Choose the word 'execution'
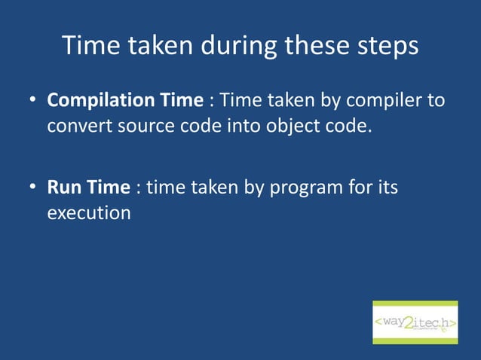click(89, 212)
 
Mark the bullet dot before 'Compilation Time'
click(34, 101)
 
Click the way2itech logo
click(415, 322)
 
